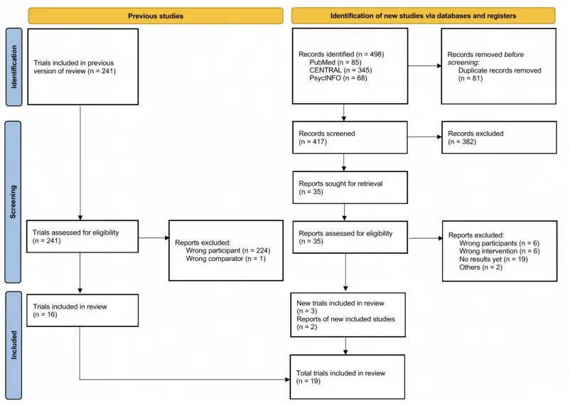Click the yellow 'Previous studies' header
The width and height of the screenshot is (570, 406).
click(x=154, y=15)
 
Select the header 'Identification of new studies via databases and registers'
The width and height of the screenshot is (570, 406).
click(x=423, y=15)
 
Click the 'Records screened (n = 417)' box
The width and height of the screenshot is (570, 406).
click(x=348, y=137)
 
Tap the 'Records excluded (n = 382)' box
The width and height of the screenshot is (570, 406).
click(x=498, y=137)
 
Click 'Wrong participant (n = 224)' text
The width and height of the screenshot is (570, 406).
click(x=228, y=250)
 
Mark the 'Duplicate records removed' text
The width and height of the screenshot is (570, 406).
click(x=500, y=70)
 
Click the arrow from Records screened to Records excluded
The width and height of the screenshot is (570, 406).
click(x=424, y=137)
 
